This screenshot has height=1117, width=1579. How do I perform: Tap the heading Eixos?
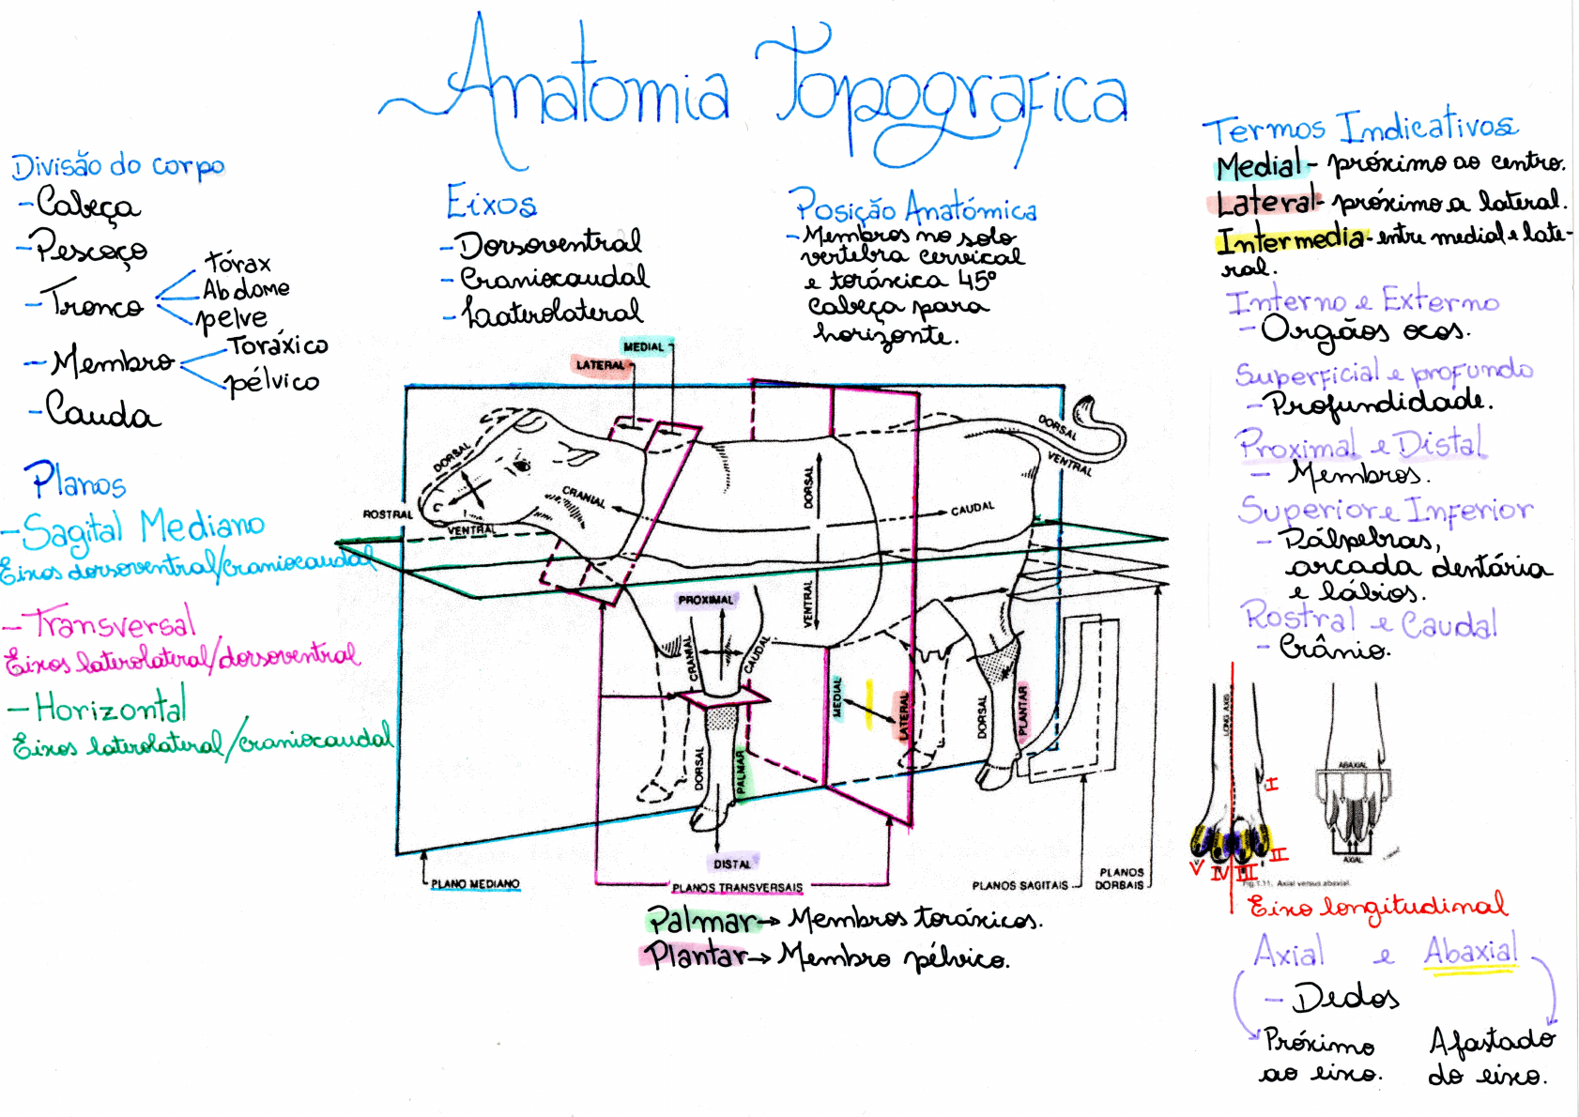click(x=491, y=202)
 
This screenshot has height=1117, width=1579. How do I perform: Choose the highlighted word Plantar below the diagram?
click(x=696, y=956)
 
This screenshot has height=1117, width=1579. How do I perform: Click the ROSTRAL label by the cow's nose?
click(x=388, y=514)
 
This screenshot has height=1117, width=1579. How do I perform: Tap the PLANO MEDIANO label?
click(x=475, y=883)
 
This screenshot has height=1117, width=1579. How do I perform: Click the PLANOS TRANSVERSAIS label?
click(x=737, y=887)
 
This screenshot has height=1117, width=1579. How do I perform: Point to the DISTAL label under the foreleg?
click(x=732, y=864)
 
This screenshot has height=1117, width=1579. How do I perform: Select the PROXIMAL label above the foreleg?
click(x=706, y=600)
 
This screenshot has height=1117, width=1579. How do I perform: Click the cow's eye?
click(x=522, y=464)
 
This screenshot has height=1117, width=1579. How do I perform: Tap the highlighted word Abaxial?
click(x=1470, y=951)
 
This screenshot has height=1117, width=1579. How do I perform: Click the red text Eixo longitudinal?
click(x=1377, y=906)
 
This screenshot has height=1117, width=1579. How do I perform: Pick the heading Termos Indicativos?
click(x=1359, y=127)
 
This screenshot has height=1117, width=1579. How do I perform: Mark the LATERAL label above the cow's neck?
click(x=601, y=365)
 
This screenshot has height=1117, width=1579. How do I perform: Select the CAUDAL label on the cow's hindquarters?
click(x=972, y=508)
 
